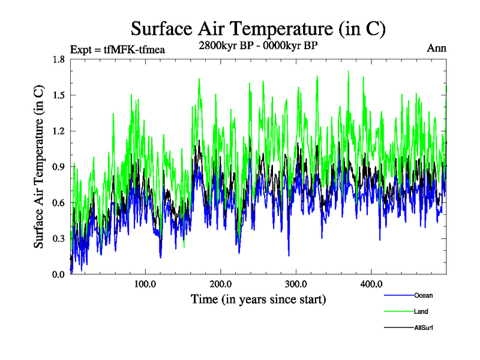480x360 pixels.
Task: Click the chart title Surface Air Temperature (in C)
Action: pos(258,28)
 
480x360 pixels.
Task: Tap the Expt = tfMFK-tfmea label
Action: pos(118,49)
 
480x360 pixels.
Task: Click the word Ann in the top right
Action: pos(436,49)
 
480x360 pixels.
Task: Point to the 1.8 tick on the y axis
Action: pos(59,59)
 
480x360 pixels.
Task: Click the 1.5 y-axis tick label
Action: pos(59,95)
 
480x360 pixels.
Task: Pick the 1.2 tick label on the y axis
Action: pos(59,131)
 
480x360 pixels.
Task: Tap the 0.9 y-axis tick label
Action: pos(59,167)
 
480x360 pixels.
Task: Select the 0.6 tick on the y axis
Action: pos(59,203)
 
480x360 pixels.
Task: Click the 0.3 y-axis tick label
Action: pos(59,239)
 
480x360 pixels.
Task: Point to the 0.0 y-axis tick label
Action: pos(59,274)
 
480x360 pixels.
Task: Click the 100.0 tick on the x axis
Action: pos(146,284)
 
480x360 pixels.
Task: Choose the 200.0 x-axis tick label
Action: pos(221,284)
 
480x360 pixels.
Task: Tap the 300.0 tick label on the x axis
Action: pos(296,284)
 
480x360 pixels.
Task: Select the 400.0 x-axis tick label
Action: pos(371,284)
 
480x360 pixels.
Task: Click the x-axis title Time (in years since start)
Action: pos(258,299)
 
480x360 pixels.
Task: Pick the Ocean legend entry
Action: pos(423,295)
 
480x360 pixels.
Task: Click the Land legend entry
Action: pos(421,311)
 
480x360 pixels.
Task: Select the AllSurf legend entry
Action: pos(424,328)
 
